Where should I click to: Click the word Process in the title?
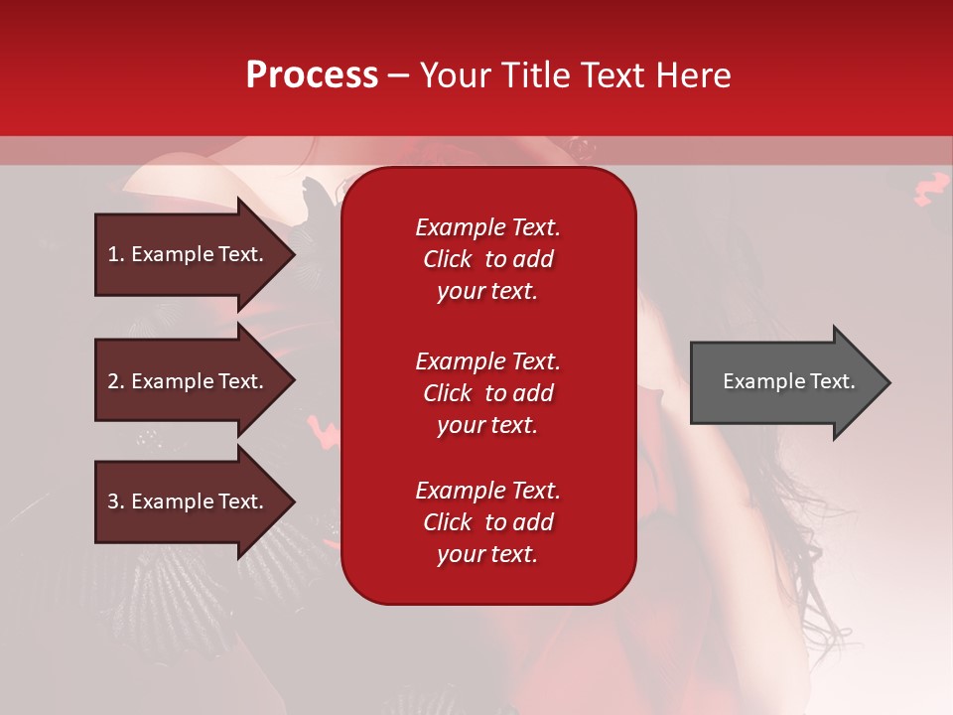click(x=312, y=75)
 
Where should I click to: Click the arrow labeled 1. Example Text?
click(x=195, y=254)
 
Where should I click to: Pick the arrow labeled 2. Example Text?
click(x=195, y=380)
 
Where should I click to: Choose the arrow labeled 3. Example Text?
click(x=195, y=500)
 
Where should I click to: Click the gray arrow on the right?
click(x=790, y=381)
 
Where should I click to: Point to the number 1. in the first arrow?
click(x=116, y=254)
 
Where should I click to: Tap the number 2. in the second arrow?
click(x=116, y=381)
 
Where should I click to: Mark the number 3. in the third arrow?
click(x=116, y=500)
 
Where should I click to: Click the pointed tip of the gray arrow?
click(x=890, y=382)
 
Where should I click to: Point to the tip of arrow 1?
click(x=295, y=255)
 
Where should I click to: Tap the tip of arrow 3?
click(x=295, y=502)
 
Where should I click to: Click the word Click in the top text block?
click(x=448, y=259)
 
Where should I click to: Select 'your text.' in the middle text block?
click(x=487, y=426)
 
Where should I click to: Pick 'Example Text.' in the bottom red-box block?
click(x=487, y=490)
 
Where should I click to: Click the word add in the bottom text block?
click(x=535, y=521)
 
